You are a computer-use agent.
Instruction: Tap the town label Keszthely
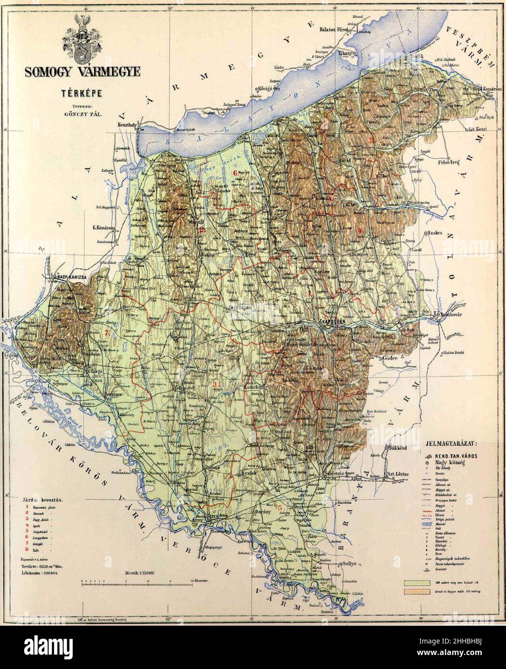point(127,124)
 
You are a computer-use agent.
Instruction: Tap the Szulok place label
point(248,474)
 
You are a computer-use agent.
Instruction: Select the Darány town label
point(263,512)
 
